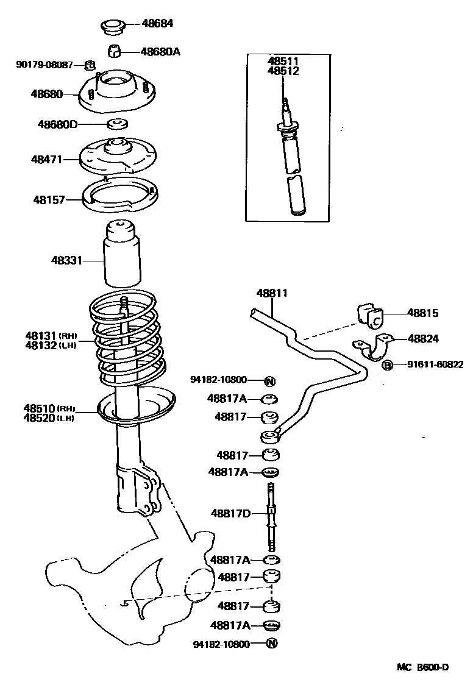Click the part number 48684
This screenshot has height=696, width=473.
pyautogui.click(x=157, y=24)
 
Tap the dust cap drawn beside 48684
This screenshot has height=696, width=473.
pyautogui.click(x=112, y=26)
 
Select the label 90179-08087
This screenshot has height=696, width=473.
pyautogui.click(x=44, y=64)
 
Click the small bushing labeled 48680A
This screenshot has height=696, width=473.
pyautogui.click(x=116, y=51)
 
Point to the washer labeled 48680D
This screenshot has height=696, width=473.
pyautogui.click(x=117, y=124)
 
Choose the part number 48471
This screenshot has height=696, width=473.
pyautogui.click(x=47, y=160)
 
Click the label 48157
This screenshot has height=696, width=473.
pyautogui.click(x=49, y=199)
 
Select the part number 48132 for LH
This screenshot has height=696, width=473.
pyautogui.click(x=41, y=346)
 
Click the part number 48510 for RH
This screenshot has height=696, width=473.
pyautogui.click(x=40, y=408)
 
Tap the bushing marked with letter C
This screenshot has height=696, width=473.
pyautogui.click(x=371, y=316)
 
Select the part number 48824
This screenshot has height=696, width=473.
pyautogui.click(x=424, y=338)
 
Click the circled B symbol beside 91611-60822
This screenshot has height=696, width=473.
pyautogui.click(x=386, y=365)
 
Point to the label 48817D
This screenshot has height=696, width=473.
pyautogui.click(x=231, y=513)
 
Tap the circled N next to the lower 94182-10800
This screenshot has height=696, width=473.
pyautogui.click(x=271, y=644)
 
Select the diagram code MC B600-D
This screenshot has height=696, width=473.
pyautogui.click(x=423, y=667)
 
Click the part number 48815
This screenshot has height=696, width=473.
pyautogui.click(x=423, y=313)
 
